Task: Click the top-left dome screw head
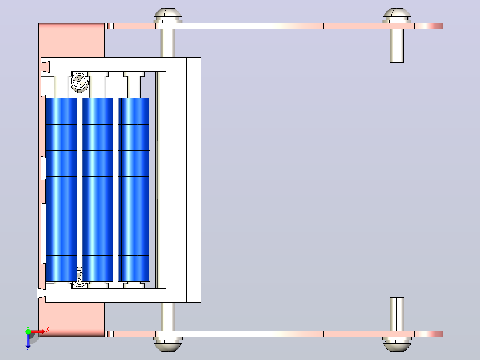coord(168,15)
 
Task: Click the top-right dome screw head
coord(397,15)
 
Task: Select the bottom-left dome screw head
coord(168,344)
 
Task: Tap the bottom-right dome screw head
coord(397,344)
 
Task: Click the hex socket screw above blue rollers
coord(80,82)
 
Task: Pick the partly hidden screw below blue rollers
coord(79,277)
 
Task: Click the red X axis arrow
coord(39,331)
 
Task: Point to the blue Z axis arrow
coord(28,341)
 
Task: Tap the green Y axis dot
coord(28,331)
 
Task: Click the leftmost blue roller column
coord(61,190)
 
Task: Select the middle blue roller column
coord(98,190)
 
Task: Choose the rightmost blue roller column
coord(134,190)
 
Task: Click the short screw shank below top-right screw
coord(397,45)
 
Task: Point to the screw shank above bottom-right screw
coord(397,314)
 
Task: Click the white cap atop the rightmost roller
coord(134,85)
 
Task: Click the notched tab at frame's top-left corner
coord(46,67)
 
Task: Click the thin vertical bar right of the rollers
coord(161,180)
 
